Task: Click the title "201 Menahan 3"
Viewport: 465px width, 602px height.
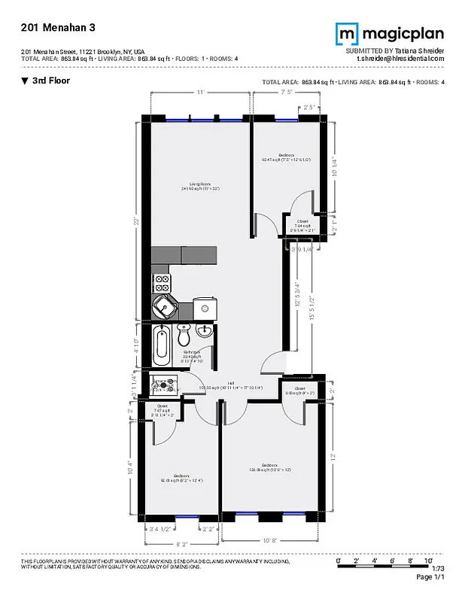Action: (x=52, y=27)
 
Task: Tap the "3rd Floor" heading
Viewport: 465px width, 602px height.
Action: (x=50, y=81)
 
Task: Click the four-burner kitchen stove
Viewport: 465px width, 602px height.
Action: (x=162, y=284)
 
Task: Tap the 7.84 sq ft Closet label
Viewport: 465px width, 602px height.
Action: (x=301, y=223)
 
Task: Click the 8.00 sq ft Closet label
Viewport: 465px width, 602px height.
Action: (x=299, y=391)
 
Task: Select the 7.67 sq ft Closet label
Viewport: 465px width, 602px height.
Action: (x=163, y=412)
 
